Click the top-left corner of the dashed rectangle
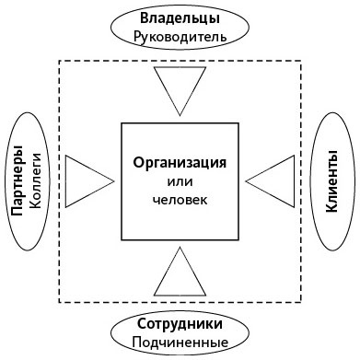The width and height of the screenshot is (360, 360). [58, 60]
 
